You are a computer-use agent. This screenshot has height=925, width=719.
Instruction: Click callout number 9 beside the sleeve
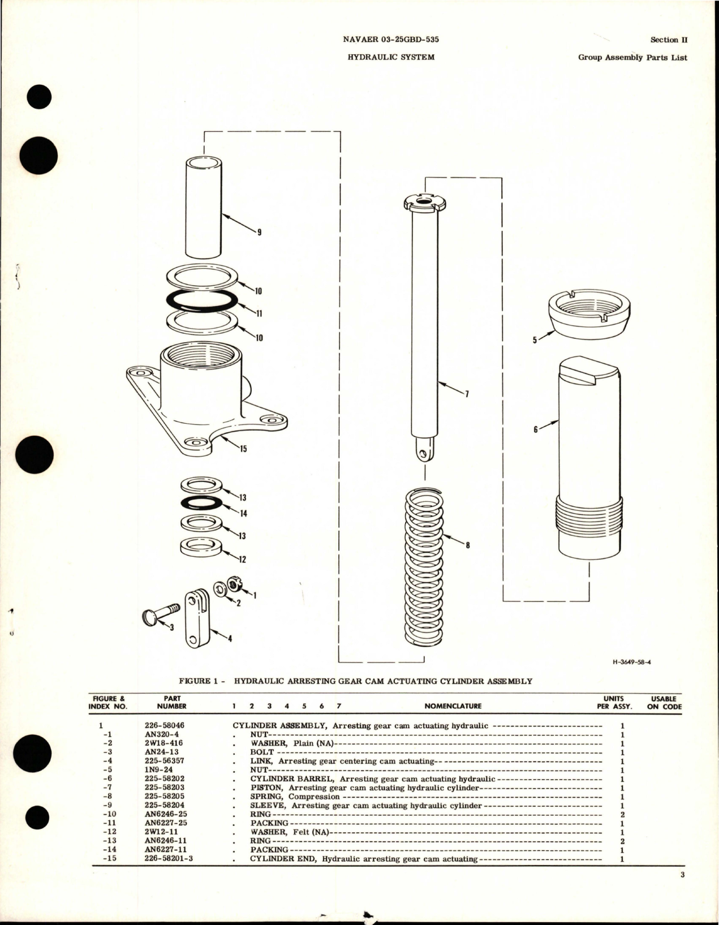(x=259, y=232)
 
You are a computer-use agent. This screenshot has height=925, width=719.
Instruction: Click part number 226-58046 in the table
(x=165, y=725)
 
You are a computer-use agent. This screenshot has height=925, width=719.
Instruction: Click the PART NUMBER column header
(x=171, y=702)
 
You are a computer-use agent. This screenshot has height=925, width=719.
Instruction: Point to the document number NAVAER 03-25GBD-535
(x=391, y=40)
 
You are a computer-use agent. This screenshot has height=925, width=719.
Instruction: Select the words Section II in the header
(x=668, y=40)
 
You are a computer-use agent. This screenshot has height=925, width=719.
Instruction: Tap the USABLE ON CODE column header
(x=664, y=702)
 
